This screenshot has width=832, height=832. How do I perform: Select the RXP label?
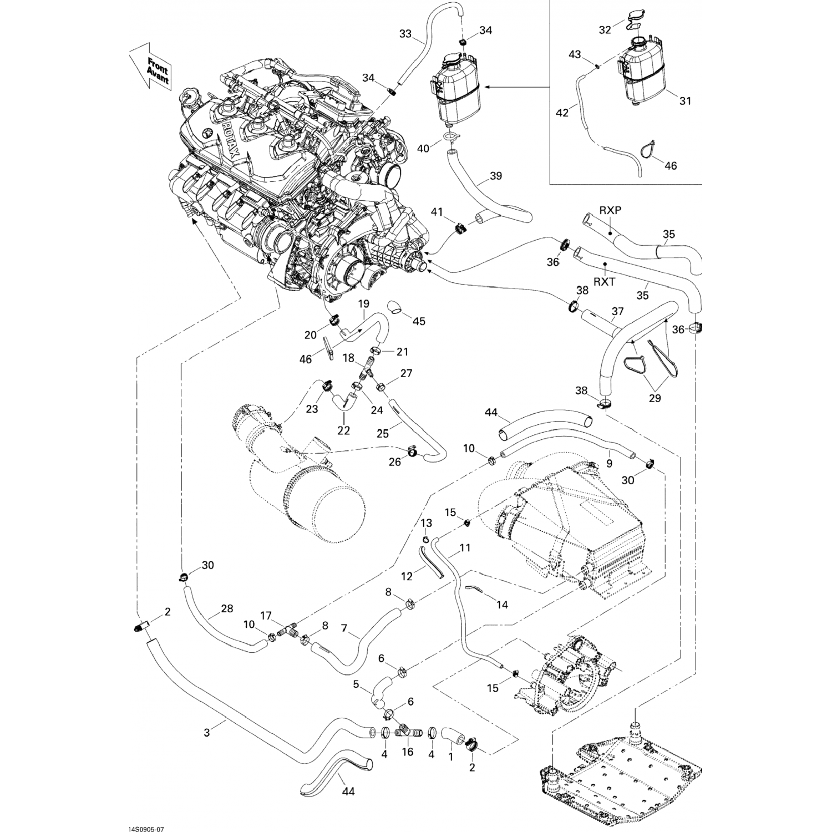610,210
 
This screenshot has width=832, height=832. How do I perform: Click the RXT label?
604,282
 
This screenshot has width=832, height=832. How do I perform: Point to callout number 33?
405,34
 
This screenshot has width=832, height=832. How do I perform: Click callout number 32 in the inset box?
605,29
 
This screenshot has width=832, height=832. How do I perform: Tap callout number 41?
438,211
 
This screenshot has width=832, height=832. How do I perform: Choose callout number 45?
419,321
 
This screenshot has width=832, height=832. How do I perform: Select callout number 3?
207,732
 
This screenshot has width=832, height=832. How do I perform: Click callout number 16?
408,752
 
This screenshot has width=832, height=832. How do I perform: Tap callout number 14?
502,605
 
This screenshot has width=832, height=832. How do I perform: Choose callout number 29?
655,398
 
